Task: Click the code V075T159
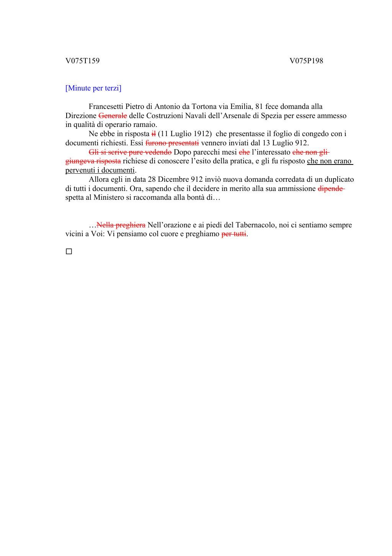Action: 82,61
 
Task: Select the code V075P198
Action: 306,61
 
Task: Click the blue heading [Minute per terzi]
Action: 93,88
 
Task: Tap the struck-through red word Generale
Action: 113,116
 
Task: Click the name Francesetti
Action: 106,107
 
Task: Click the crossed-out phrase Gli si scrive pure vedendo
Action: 130,152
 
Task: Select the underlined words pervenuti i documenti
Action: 100,170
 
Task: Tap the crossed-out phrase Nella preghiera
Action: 121,225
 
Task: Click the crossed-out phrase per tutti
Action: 234,234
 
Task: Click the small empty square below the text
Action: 69,252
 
